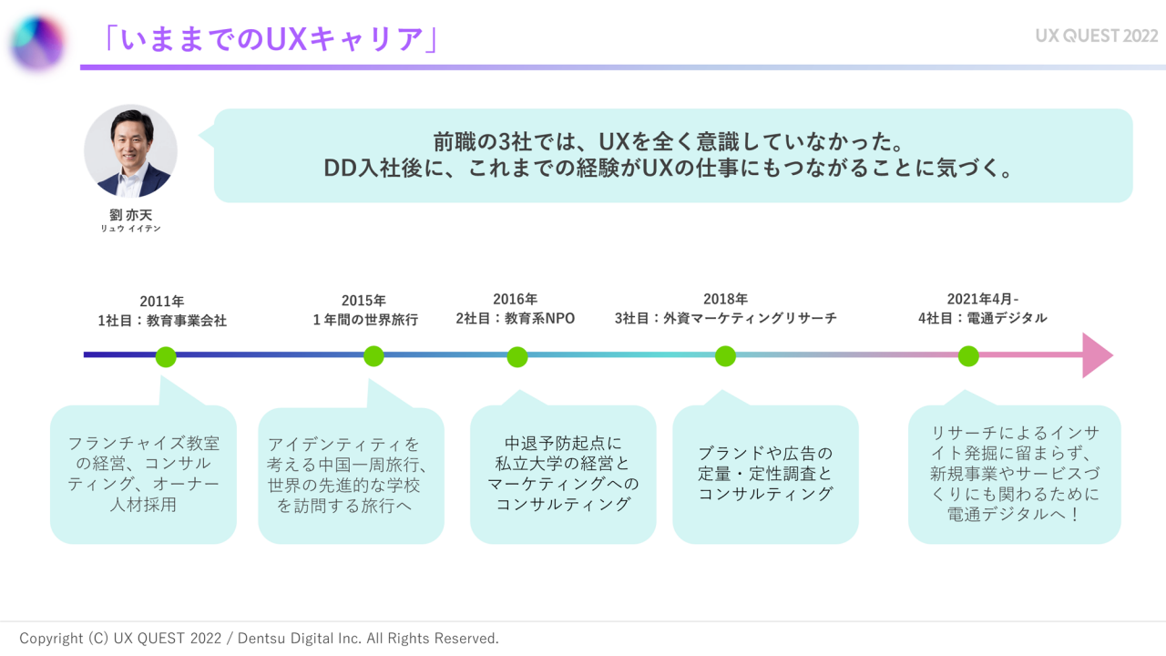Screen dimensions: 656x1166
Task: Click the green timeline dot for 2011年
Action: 166,356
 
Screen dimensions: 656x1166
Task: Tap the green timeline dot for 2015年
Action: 373,356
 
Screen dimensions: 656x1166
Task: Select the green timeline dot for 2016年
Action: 517,356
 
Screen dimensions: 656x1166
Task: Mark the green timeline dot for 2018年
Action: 725,356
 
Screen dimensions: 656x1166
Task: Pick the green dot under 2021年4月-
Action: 968,356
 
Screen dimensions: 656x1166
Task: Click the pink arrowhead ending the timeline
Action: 1097,355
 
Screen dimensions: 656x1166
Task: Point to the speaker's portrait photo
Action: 131,151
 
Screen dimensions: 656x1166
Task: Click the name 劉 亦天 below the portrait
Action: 131,215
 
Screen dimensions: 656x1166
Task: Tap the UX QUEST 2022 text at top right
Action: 1097,36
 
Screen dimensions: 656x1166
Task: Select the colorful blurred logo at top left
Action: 38,42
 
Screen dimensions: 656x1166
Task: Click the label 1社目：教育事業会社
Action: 162,320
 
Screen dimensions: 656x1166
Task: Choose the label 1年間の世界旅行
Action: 365,320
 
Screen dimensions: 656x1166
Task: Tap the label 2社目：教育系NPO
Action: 516,319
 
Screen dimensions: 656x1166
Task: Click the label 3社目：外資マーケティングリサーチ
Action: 725,319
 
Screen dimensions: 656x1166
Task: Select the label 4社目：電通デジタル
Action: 983,319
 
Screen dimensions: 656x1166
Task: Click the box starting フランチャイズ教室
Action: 143,474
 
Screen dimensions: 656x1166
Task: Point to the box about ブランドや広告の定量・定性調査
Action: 765,474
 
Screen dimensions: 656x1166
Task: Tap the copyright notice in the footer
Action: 260,639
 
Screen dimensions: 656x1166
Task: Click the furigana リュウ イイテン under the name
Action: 131,229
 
